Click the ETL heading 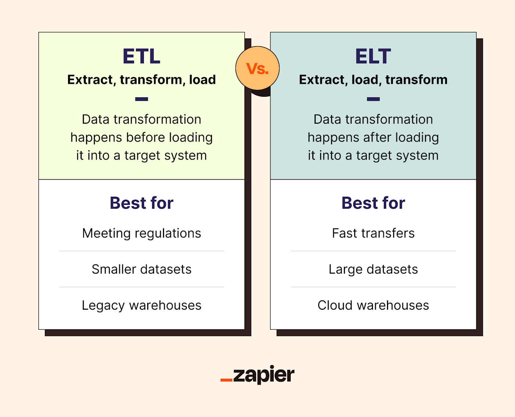coord(142,57)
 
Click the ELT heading coord(373,57)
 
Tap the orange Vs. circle coord(257,68)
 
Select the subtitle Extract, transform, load coord(142,80)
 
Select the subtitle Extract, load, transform coord(373,80)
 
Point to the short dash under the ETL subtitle coord(142,99)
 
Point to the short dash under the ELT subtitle coord(373,99)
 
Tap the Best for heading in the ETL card coord(142,203)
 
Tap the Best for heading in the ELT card coord(373,203)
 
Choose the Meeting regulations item coord(142,233)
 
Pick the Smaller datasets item coord(142,269)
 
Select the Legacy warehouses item coord(142,305)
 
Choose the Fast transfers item coord(373,233)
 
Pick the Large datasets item coord(373,269)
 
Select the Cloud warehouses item coord(373,305)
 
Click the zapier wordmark coord(263,375)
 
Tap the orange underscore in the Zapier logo coord(226,380)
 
